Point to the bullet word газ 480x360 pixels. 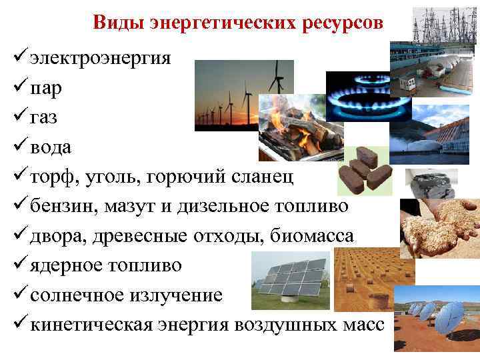point(43,117)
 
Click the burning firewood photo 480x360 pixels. point(293,127)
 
